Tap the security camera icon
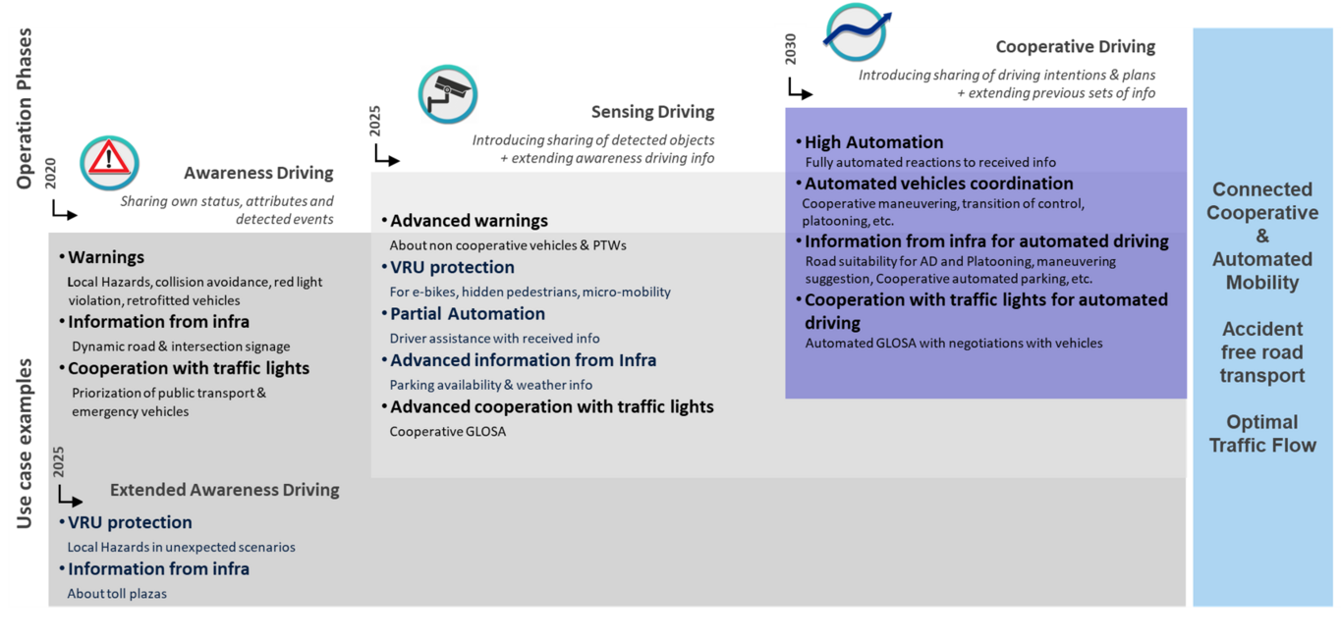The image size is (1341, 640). [x=448, y=94]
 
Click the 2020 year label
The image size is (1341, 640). [x=50, y=174]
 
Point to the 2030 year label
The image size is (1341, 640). [x=790, y=49]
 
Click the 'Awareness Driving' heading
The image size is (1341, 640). [x=258, y=173]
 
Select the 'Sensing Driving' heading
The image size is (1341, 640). [x=652, y=112]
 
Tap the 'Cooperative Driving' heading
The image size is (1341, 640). [x=1075, y=47]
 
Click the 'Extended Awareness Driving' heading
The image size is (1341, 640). [x=225, y=490]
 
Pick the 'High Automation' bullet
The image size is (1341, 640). [x=869, y=142]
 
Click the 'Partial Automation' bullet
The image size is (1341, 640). [x=464, y=314]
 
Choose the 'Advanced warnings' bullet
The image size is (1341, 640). [x=465, y=221]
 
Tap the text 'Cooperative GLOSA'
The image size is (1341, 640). [x=448, y=432]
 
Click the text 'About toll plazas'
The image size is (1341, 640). [x=117, y=594]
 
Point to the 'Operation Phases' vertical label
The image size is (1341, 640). [x=24, y=109]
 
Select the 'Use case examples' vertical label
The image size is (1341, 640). [x=24, y=444]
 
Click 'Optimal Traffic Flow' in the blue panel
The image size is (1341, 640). [x=1262, y=434]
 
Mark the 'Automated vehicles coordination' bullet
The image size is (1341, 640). [x=934, y=184]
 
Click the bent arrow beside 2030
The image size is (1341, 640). [x=801, y=88]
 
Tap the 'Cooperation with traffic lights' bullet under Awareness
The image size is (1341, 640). [x=185, y=368]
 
